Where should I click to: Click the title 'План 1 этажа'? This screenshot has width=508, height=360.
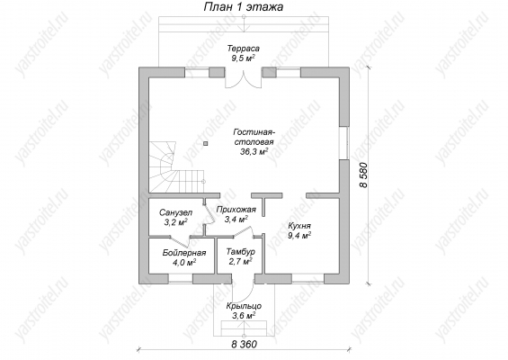[244, 7]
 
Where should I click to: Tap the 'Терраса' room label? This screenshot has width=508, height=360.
[244, 49]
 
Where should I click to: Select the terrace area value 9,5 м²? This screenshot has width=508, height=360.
[243, 58]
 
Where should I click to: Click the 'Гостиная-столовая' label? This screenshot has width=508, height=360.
[254, 137]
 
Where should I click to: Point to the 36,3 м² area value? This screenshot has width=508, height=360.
[254, 151]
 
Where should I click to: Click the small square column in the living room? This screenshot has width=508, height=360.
[206, 143]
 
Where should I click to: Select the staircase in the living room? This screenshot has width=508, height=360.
[177, 167]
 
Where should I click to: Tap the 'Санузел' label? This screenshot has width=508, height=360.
[175, 212]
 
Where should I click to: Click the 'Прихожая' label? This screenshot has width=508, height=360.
[236, 210]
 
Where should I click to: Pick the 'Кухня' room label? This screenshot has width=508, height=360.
[299, 226]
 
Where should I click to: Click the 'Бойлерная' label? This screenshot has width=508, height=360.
[184, 253]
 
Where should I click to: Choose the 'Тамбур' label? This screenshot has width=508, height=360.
[240, 252]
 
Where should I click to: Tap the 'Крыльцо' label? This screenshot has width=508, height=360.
[244, 306]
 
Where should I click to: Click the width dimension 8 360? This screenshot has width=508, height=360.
[244, 344]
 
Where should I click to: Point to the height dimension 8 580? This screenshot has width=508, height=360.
[363, 175]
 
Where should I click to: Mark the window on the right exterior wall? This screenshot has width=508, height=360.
[344, 143]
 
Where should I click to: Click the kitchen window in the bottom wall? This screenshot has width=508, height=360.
[308, 279]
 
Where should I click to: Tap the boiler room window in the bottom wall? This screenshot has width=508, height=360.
[181, 279]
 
